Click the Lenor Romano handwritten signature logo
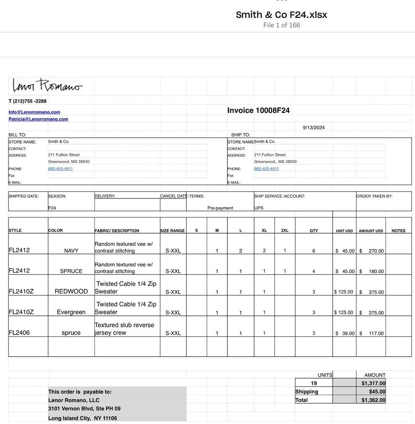[47, 86]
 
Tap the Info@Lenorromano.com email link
[34, 112]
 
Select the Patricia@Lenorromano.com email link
[38, 119]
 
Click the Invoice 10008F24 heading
[258, 111]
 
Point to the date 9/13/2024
[314, 127]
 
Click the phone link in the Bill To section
[60, 169]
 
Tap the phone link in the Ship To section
[266, 169]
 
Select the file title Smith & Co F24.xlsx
[281, 15]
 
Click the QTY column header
[314, 231]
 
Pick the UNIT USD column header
[344, 231]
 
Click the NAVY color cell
[71, 251]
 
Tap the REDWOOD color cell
[71, 292]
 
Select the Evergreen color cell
[71, 312]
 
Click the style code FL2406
[19, 333]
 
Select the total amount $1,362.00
[373, 400]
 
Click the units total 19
[314, 383]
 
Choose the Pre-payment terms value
[220, 208]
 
